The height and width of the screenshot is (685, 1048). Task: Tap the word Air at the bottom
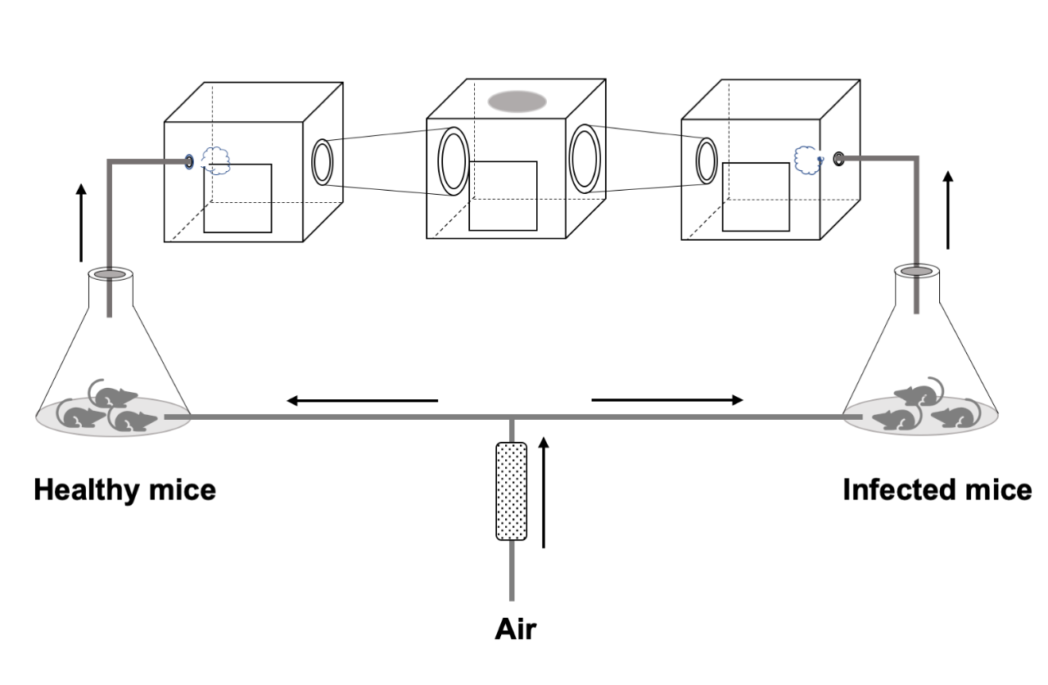[516, 629]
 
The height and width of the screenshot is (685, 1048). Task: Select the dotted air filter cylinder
[511, 491]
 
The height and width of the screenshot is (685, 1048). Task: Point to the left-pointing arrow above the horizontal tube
[362, 401]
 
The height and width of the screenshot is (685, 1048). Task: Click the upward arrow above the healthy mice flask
[80, 222]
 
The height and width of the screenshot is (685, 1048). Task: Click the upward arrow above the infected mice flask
[948, 210]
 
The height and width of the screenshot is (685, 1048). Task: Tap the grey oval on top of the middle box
[517, 101]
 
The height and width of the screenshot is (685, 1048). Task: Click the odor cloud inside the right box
[807, 160]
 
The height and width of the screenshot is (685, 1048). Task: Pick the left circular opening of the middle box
[453, 161]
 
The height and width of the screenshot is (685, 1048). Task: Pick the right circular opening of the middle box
[585, 157]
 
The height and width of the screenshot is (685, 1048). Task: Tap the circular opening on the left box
[322, 162]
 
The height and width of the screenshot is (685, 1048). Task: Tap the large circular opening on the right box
[707, 160]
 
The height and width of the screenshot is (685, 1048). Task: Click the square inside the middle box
[503, 196]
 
